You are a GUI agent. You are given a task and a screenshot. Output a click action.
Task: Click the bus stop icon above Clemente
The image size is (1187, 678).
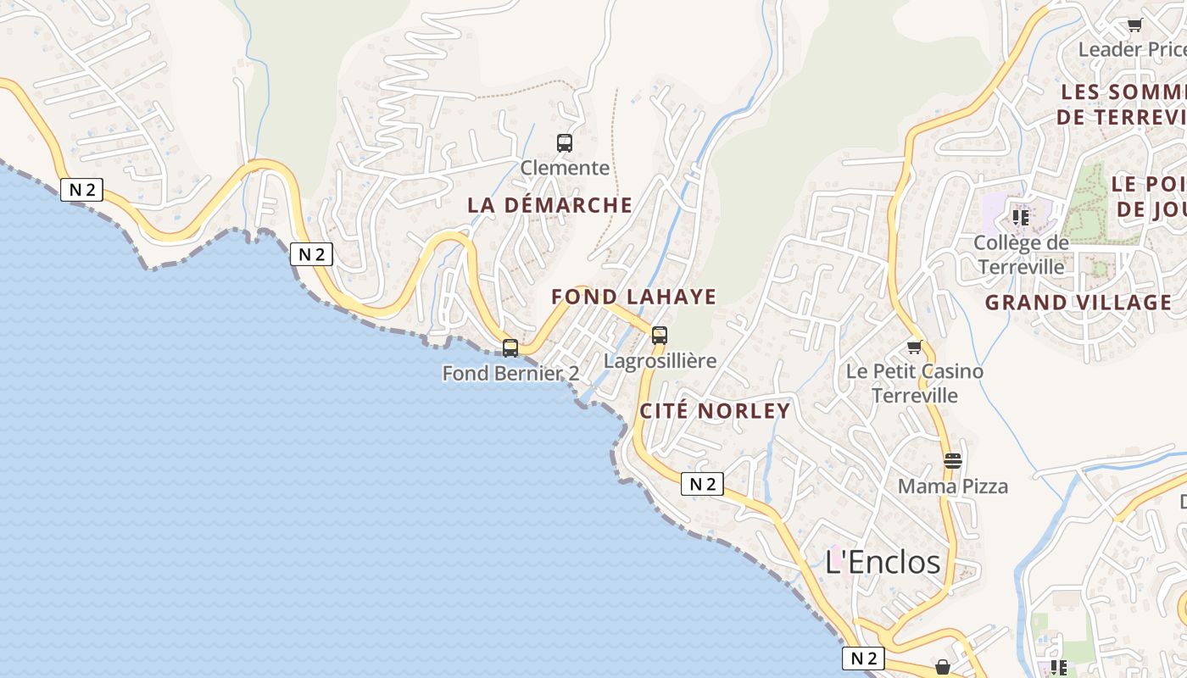pyautogui.click(x=565, y=142)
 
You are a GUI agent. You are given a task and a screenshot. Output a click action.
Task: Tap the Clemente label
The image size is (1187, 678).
pyautogui.click(x=565, y=168)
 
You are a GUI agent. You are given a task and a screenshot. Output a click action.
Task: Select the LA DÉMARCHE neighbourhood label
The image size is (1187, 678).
pyautogui.click(x=550, y=205)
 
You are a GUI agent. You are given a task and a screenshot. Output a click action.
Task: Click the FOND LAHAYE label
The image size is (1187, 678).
pyautogui.click(x=634, y=297)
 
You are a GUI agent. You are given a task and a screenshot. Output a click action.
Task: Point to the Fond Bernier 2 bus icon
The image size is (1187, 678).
pyautogui.click(x=510, y=347)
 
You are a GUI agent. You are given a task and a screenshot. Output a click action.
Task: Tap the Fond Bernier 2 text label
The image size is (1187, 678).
pyautogui.click(x=510, y=373)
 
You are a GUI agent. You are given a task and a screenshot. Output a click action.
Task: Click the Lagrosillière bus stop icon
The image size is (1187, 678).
pyautogui.click(x=660, y=335)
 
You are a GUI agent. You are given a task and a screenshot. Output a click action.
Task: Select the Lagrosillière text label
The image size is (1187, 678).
pyautogui.click(x=660, y=361)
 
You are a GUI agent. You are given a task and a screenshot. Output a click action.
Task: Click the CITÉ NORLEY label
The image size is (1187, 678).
pyautogui.click(x=715, y=412)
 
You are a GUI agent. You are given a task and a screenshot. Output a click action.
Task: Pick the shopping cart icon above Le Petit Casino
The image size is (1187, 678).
pyautogui.click(x=914, y=347)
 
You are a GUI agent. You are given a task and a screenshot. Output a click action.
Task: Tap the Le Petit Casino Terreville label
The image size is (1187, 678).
pyautogui.click(x=915, y=383)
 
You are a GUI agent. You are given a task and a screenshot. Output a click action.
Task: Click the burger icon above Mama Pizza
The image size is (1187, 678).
pyautogui.click(x=953, y=461)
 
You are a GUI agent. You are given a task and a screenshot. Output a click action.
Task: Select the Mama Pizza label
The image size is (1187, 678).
pyautogui.click(x=953, y=486)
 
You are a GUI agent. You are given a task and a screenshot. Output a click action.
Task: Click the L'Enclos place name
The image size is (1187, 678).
pyautogui.click(x=883, y=562)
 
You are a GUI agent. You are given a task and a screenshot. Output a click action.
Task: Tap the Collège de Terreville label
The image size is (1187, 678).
pyautogui.click(x=1020, y=254)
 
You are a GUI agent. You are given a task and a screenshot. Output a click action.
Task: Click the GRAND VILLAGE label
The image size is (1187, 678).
pyautogui.click(x=1078, y=303)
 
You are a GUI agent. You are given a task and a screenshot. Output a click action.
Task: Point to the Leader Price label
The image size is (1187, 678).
pyautogui.click(x=1131, y=49)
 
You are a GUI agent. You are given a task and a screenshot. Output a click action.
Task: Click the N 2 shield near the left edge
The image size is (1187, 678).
pyautogui.click(x=81, y=190)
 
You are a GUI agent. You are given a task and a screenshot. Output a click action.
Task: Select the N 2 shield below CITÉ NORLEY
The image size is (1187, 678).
pyautogui.click(x=702, y=484)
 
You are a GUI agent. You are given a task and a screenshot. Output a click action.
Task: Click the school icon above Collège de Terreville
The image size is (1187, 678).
pyautogui.click(x=1021, y=217)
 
